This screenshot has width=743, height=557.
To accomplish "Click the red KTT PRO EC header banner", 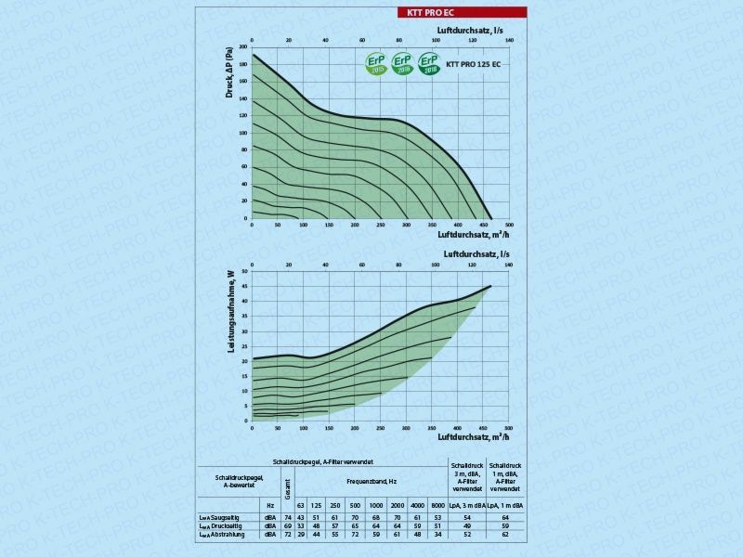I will point(460,13).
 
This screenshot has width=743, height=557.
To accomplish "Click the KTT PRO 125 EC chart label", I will point(474,64).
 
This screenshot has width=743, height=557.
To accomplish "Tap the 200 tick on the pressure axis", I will point(243,45).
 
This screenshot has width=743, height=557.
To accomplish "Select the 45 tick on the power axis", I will point(245,287).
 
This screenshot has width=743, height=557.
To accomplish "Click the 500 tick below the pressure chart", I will point(509,226).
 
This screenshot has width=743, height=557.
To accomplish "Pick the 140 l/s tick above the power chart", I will point(509,266).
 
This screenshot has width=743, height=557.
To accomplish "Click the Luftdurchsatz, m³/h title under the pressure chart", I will point(474,235).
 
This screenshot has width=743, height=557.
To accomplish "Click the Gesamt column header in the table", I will point(288,485).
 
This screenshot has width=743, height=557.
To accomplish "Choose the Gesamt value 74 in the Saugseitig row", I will point(288,516).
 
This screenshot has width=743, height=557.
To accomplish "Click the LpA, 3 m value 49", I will point(467,525).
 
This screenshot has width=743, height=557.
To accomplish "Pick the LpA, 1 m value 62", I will point(505,535).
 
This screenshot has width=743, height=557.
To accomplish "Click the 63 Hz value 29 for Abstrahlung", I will point(301,535).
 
